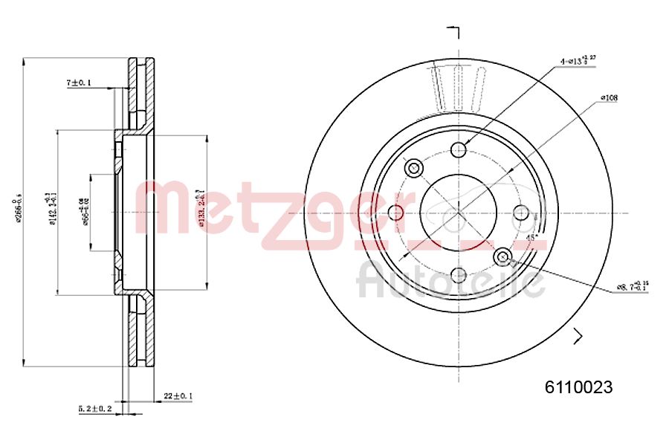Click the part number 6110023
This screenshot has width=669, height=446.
tap(578, 387)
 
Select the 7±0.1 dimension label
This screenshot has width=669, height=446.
tap(78, 84)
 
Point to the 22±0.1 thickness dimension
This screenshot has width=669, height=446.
tap(178, 397)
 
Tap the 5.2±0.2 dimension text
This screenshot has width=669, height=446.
tap(95, 409)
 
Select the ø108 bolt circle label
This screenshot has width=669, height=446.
tap(610, 98)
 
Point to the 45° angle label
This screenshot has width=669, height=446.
tap(531, 237)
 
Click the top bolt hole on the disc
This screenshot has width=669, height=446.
tap(459, 150)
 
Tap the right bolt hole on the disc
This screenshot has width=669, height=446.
tap(521, 213)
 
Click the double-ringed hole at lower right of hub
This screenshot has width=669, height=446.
tap(504, 257)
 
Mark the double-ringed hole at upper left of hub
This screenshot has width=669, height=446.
tap(415, 168)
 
